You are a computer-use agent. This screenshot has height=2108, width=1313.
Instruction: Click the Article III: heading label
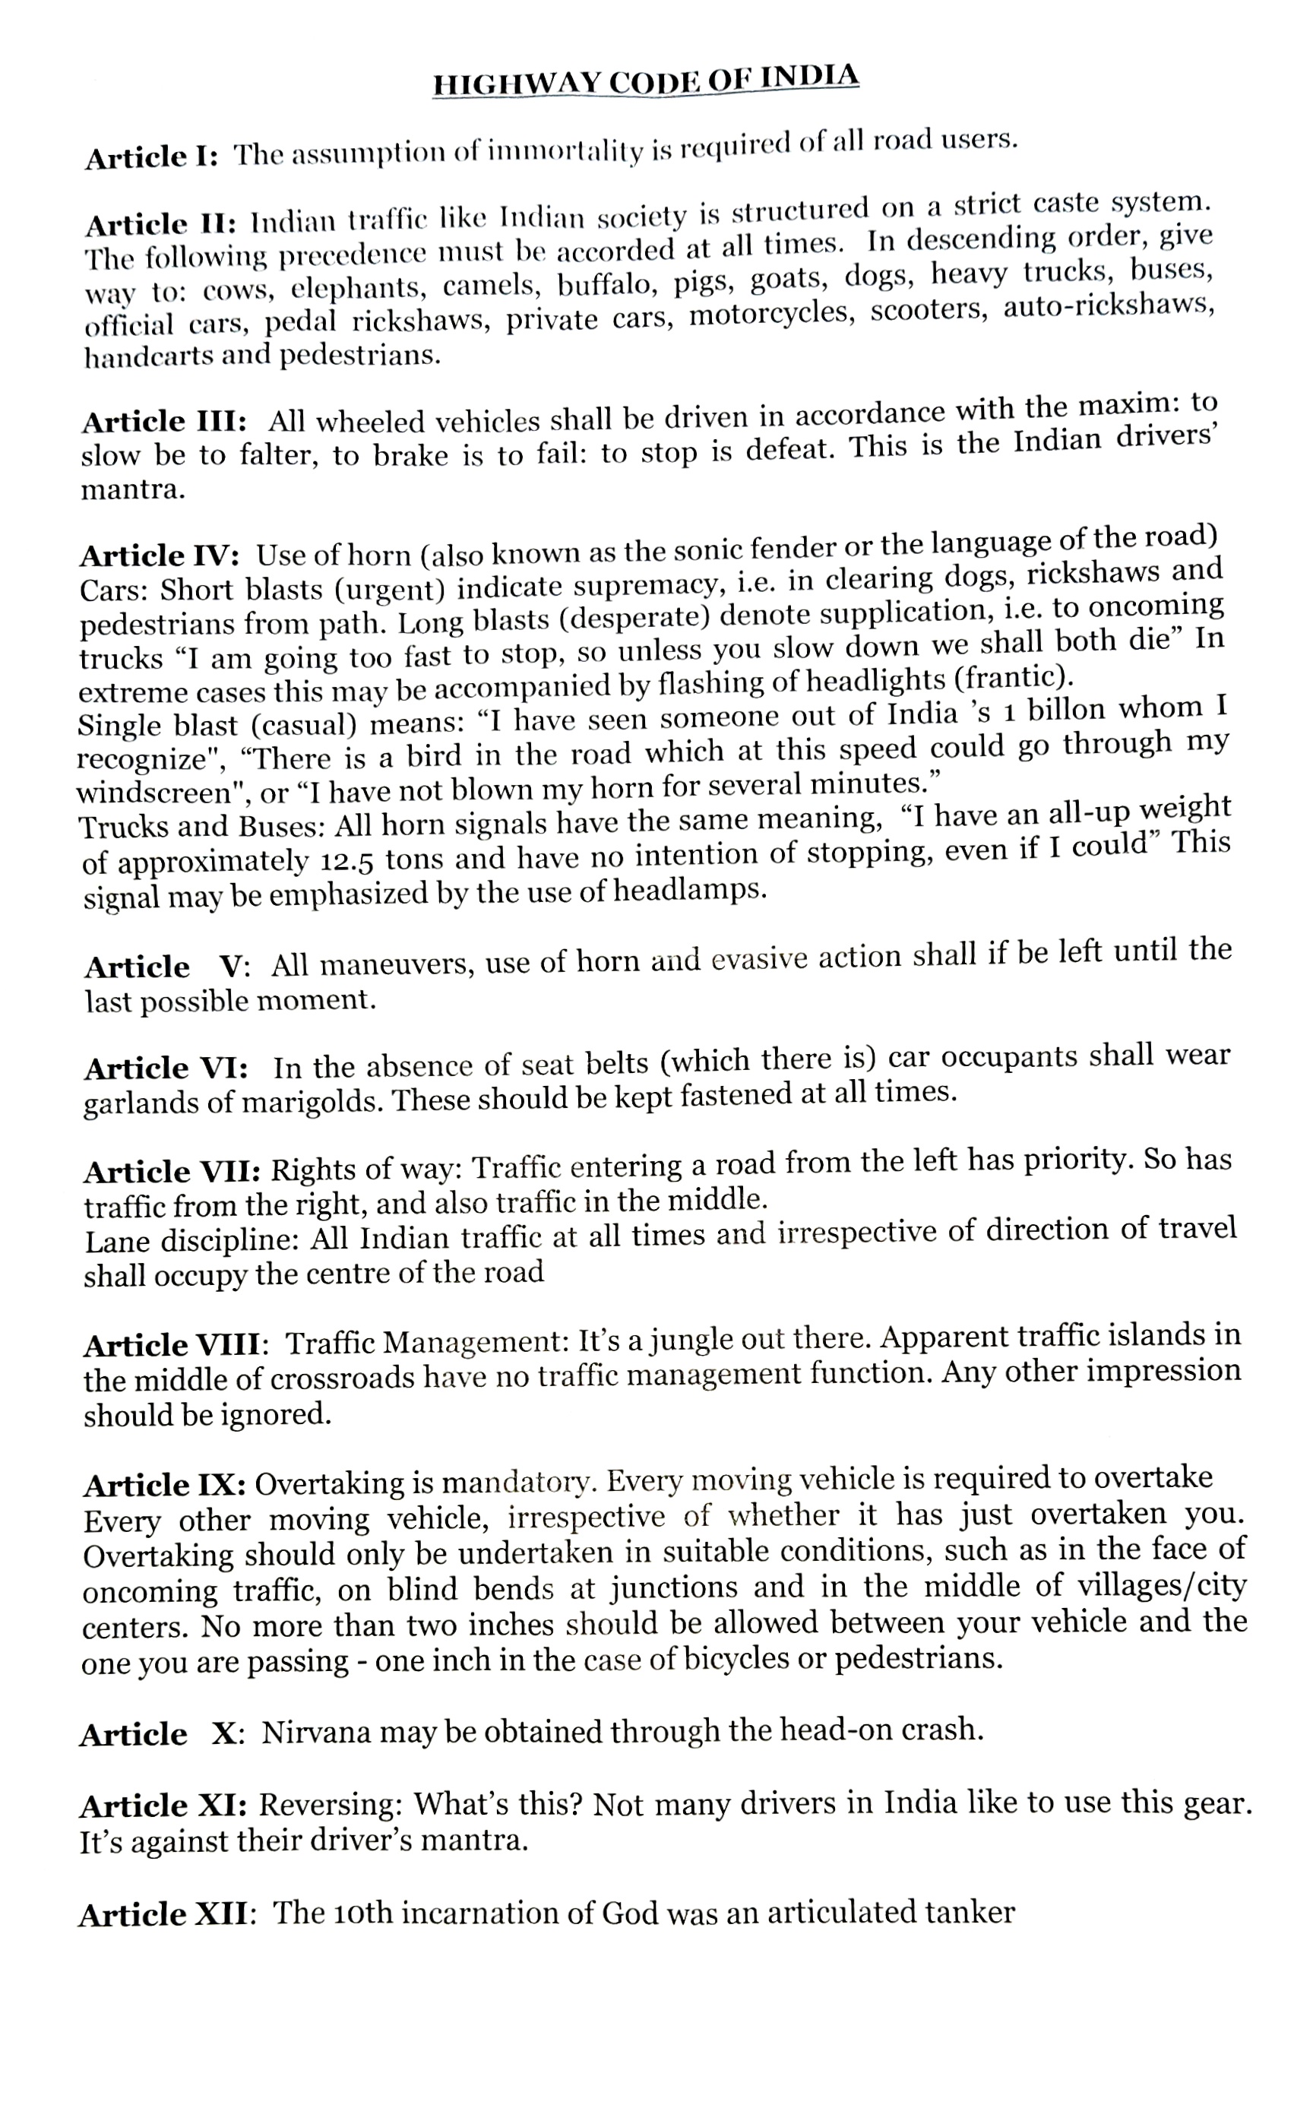pyautogui.click(x=164, y=422)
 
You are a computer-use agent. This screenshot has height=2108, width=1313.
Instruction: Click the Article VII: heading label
pyautogui.click(x=172, y=1172)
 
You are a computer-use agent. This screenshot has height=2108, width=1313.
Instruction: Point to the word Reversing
pyautogui.click(x=331, y=1805)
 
